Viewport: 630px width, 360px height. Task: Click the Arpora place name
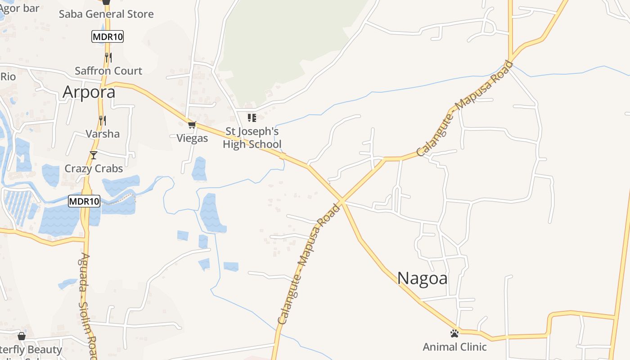coord(89,92)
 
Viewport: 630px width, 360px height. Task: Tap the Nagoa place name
coord(422,278)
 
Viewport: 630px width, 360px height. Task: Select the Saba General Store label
coord(106,14)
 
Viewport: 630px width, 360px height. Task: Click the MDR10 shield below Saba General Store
coord(108,36)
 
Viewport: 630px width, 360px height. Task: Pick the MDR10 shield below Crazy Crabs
coord(84,201)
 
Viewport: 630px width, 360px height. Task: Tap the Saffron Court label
coord(108,71)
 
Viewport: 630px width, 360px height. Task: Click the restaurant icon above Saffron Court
coord(108,57)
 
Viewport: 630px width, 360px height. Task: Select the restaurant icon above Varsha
coord(103,120)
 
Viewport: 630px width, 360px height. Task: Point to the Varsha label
coord(103,134)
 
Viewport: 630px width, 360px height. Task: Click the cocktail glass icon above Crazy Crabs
coord(94,155)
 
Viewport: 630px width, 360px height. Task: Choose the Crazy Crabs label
coord(94,168)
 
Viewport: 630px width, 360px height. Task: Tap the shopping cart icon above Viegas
coord(192,125)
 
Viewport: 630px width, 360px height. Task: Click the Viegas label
coord(192,138)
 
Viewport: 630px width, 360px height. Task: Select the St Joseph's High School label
coord(252,138)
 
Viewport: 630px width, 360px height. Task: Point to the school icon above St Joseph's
coord(252,118)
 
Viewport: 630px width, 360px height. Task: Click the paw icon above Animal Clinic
coord(454,333)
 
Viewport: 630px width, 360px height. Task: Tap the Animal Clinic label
coord(454,347)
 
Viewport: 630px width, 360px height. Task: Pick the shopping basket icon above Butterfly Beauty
coord(21,336)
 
